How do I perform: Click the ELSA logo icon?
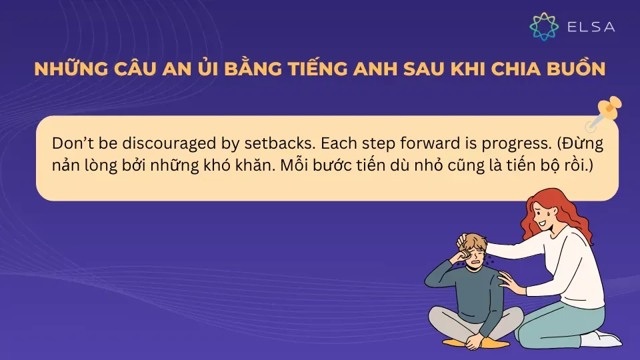(544, 26)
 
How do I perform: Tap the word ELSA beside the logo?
(590, 27)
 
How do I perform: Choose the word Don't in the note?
(69, 145)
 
